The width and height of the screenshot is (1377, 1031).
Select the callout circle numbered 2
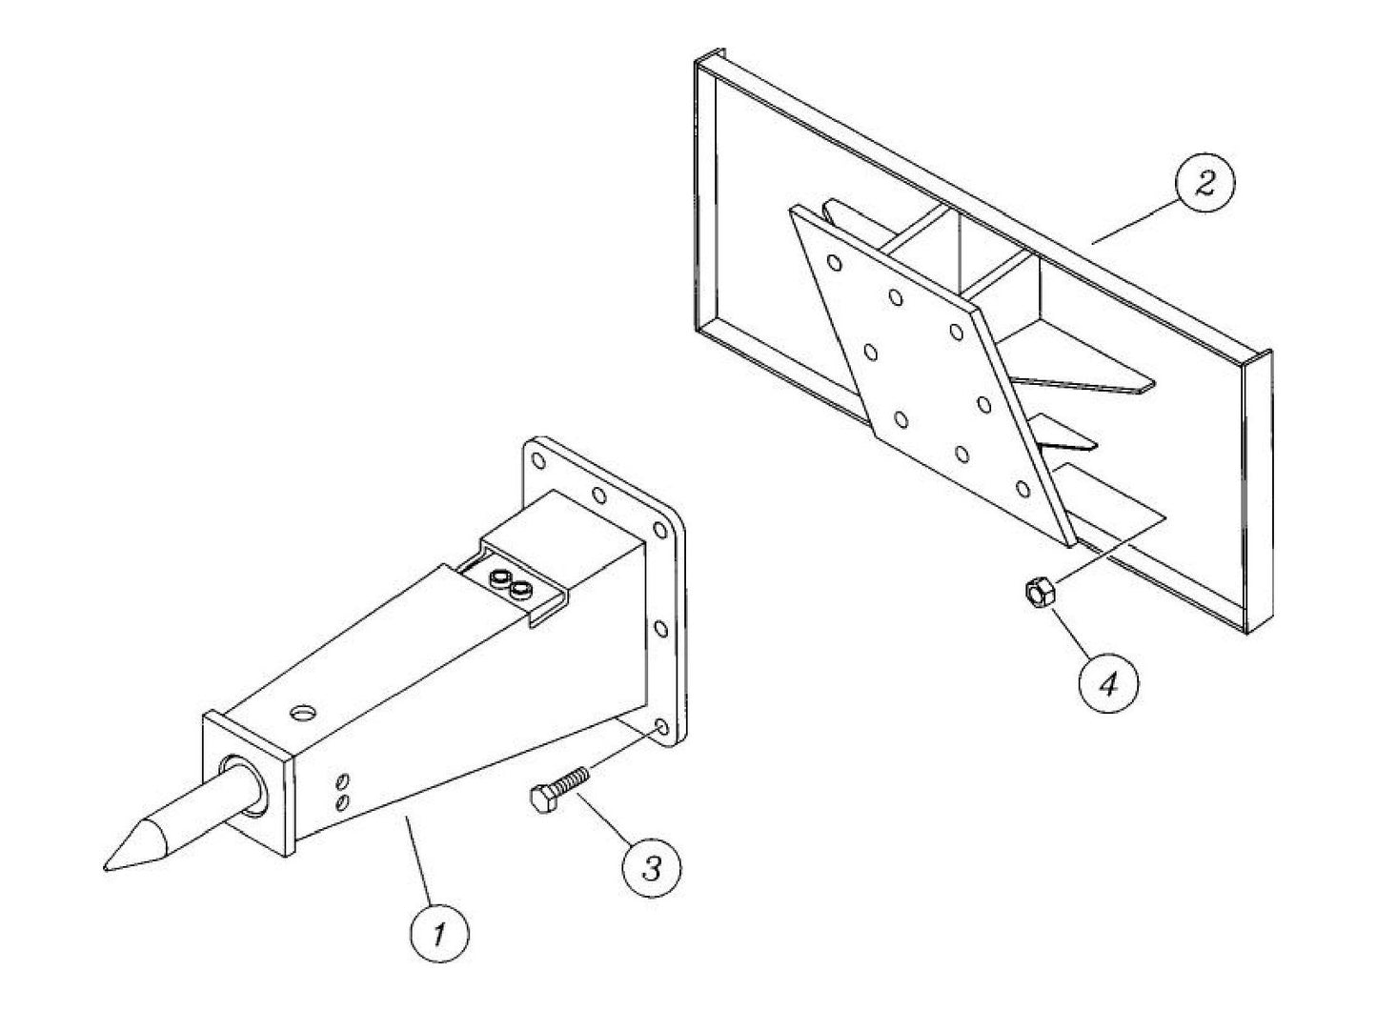pos(1205,184)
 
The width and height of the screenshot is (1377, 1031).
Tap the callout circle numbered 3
pos(652,868)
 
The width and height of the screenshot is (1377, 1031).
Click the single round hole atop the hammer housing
pos(304,713)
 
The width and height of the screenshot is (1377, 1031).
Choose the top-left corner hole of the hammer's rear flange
pos(539,462)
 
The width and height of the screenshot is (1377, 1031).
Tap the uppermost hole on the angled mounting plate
pos(835,262)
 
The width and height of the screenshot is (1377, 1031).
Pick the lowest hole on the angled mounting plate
pos(1023,490)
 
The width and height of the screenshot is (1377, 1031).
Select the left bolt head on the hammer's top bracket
pos(496,578)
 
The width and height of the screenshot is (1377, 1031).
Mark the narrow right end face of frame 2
pos(1257,495)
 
